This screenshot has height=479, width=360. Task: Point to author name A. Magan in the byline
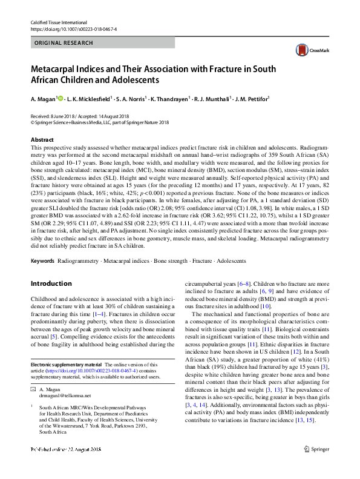pyautogui.click(x=42, y=99)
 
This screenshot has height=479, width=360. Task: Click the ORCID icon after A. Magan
pyautogui.click(x=59, y=98)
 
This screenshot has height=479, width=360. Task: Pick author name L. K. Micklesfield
pyautogui.click(x=89, y=99)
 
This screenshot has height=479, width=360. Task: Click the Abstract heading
pyautogui.click(x=42, y=139)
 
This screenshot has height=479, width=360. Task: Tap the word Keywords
pyautogui.click(x=42, y=261)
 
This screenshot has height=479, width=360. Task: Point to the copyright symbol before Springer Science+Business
pyautogui.click(x=33, y=122)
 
